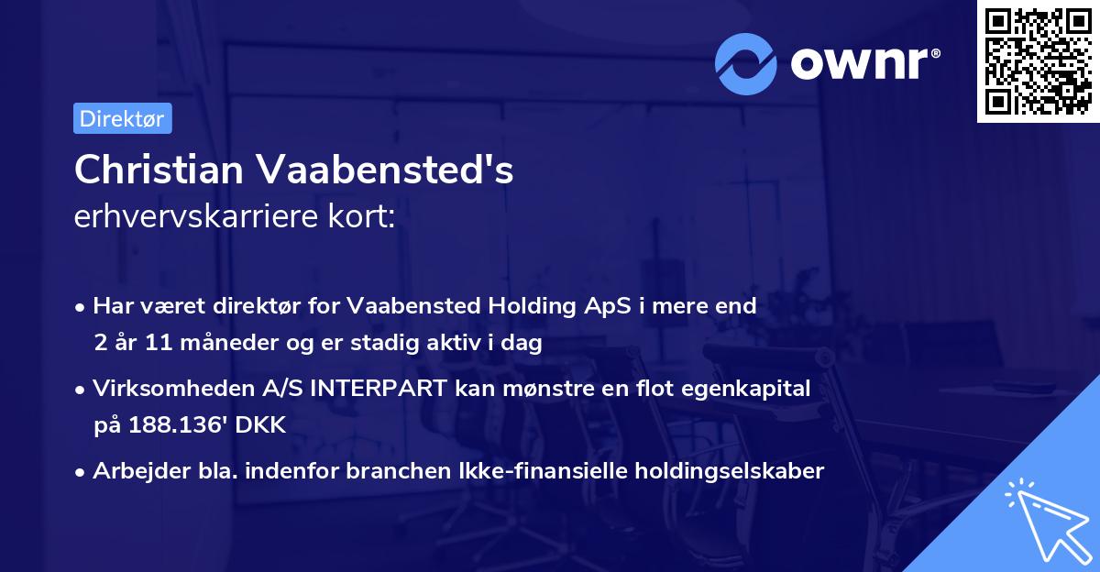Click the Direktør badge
click(x=122, y=118)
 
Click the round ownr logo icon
click(x=746, y=63)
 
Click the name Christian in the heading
click(x=158, y=170)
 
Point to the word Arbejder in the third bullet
click(x=132, y=471)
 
